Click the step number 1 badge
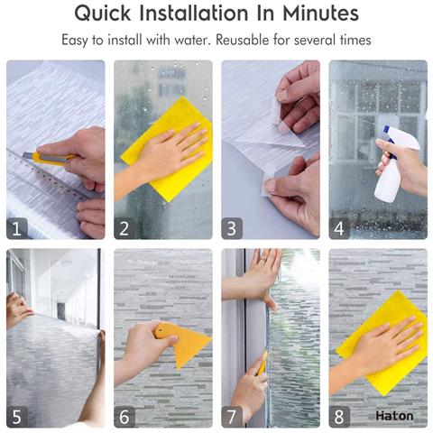click(x=17, y=228)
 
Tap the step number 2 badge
click(x=124, y=228)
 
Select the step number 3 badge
click(x=232, y=228)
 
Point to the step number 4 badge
click(x=339, y=228)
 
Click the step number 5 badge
click(x=17, y=417)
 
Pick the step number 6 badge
click(x=124, y=417)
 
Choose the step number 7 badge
click(x=232, y=417)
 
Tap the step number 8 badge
click(x=339, y=417)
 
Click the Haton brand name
click(x=394, y=416)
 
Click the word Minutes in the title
click(x=320, y=14)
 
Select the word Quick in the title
click(x=103, y=14)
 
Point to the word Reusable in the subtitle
click(x=243, y=40)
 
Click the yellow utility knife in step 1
click(x=48, y=158)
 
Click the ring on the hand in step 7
click(x=263, y=260)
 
